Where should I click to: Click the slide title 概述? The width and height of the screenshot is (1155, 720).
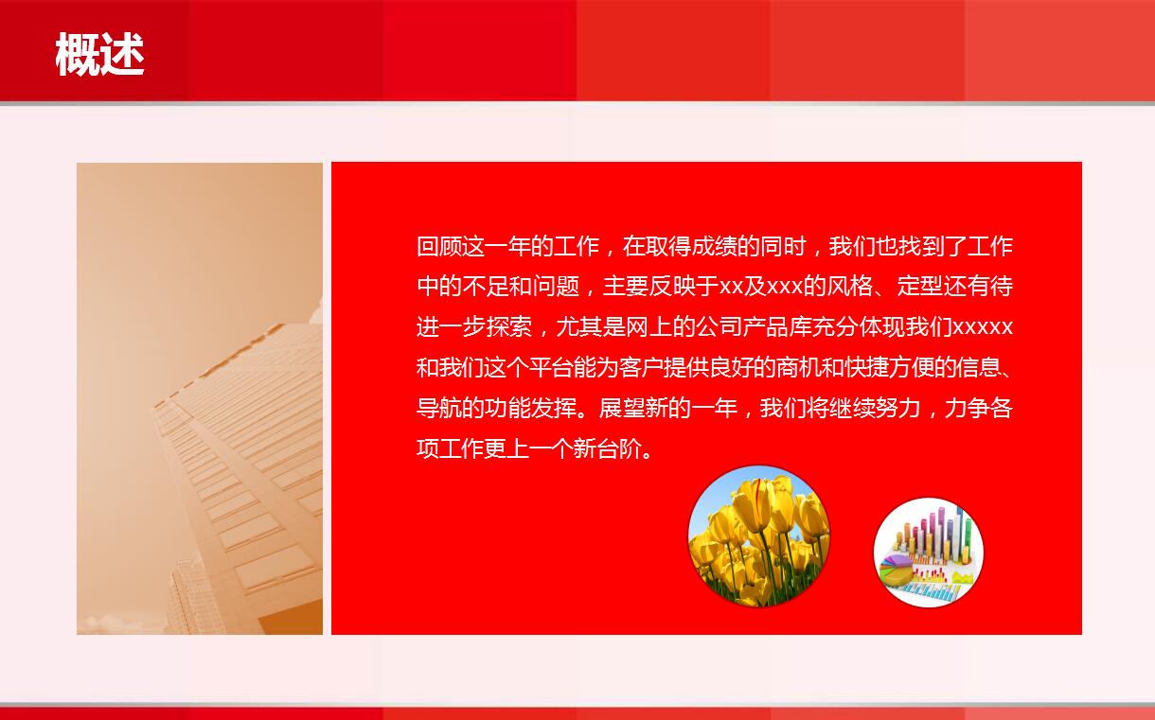click(99, 54)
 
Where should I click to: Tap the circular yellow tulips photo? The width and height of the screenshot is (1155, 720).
click(758, 536)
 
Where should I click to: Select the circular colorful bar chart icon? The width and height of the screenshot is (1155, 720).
click(928, 553)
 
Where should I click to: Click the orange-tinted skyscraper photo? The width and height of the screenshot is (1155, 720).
click(200, 398)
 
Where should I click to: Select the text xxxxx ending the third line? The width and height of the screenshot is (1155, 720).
click(982, 327)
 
